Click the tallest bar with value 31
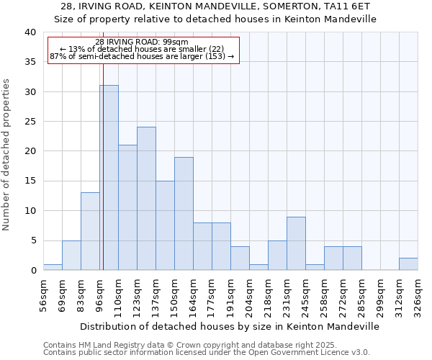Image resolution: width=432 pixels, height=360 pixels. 109,178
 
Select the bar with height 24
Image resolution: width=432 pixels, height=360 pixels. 146,199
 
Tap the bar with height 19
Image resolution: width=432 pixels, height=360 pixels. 184,214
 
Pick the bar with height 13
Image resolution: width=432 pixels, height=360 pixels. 90,231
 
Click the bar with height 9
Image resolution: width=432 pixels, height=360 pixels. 296,243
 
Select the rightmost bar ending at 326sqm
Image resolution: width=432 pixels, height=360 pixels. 408,264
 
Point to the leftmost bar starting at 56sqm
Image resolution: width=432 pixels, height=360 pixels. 53,267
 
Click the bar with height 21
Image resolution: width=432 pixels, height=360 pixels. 127,207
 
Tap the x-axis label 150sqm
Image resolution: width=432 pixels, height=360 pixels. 175,295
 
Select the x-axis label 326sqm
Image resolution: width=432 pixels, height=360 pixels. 418,295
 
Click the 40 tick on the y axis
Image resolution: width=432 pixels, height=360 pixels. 30,32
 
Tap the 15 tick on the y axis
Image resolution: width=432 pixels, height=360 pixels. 30,181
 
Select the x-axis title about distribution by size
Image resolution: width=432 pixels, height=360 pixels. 229,326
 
